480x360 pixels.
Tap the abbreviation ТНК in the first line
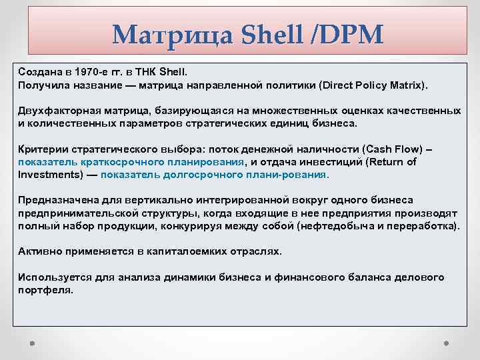click(x=141, y=70)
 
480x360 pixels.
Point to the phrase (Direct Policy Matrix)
click(x=375, y=86)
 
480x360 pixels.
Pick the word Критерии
click(x=41, y=149)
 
